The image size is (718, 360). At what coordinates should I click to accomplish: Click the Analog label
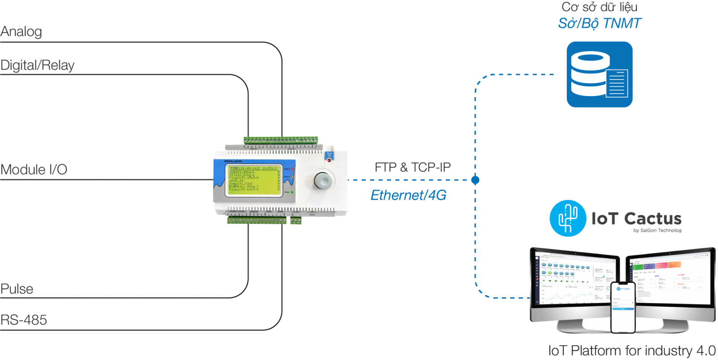click(x=21, y=32)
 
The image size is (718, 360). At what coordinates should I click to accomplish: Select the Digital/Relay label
click(x=37, y=66)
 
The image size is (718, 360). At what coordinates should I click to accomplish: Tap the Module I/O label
click(x=34, y=170)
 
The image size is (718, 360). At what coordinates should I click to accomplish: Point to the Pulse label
click(x=17, y=289)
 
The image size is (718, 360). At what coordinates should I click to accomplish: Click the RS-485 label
click(x=24, y=320)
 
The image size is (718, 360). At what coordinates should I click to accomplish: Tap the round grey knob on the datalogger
click(x=322, y=180)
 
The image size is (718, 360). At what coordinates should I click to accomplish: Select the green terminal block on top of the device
click(x=280, y=140)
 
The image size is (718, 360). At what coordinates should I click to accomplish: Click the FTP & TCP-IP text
click(x=412, y=167)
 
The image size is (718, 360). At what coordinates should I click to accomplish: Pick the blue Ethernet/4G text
click(x=408, y=195)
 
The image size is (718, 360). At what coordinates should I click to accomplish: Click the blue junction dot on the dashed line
click(x=475, y=180)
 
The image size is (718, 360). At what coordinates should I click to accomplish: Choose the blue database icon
click(x=600, y=75)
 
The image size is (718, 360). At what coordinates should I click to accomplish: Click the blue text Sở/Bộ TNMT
click(x=600, y=23)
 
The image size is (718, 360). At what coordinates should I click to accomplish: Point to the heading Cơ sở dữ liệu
click(x=600, y=7)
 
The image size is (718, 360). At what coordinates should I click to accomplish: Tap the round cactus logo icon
click(x=568, y=219)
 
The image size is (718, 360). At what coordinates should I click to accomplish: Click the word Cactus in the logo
click(x=653, y=219)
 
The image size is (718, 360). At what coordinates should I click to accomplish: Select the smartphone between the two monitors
click(x=623, y=307)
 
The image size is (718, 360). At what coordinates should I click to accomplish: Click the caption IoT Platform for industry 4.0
click(x=632, y=351)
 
